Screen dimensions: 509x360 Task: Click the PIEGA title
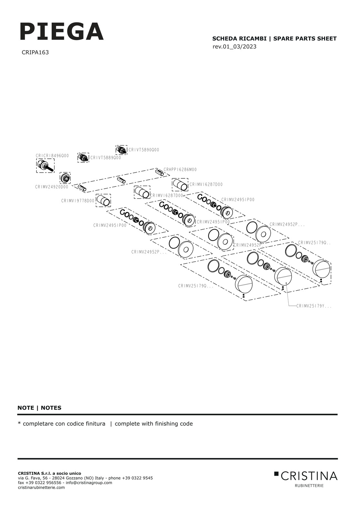click(62, 32)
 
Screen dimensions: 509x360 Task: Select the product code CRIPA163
click(35, 52)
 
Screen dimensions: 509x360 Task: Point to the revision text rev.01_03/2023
click(234, 46)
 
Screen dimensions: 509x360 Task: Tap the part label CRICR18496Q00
click(52, 156)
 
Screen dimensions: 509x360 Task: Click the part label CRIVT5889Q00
click(105, 158)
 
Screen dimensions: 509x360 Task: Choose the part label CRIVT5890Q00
click(144, 150)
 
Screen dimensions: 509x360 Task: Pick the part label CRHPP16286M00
click(180, 170)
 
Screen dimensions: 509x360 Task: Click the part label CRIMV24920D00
click(52, 187)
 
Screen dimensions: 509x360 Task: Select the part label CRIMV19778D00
click(78, 201)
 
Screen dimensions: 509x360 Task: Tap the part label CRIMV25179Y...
click(314, 306)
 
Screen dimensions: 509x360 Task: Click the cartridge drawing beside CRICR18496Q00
click(45, 166)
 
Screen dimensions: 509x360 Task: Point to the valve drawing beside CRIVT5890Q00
click(121, 150)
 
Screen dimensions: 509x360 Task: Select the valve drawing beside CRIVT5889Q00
click(83, 157)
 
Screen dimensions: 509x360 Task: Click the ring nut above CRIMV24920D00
click(65, 178)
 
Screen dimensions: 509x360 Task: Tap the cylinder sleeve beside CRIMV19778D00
click(103, 200)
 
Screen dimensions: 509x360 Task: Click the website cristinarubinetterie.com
click(41, 487)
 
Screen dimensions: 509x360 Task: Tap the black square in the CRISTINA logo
click(276, 474)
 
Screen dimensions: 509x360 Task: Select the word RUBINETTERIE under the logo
click(309, 485)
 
